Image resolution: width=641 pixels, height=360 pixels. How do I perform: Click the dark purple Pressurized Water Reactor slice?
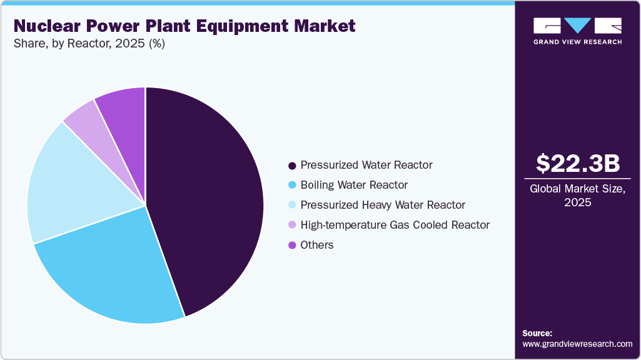(x=206, y=200)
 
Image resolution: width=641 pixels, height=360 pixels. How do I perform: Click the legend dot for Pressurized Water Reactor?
(x=292, y=166)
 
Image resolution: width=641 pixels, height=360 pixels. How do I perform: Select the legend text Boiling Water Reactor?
(x=354, y=185)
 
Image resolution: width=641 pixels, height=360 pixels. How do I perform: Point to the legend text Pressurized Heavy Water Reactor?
(x=383, y=205)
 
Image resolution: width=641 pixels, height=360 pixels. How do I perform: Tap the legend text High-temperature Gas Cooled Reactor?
(x=395, y=225)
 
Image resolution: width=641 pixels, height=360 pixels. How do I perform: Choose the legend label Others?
(x=317, y=245)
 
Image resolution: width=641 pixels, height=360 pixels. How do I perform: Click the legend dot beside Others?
(x=292, y=245)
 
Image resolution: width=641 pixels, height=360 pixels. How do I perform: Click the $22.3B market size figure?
(x=578, y=163)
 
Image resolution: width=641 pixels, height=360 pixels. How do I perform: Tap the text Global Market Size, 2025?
(x=578, y=196)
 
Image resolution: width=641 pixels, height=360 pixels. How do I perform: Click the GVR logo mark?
(x=578, y=26)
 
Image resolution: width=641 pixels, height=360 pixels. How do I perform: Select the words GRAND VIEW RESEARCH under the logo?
(x=578, y=42)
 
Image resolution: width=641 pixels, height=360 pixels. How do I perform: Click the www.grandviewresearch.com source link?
(x=577, y=344)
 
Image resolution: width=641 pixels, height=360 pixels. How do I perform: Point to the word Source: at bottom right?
(x=537, y=333)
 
